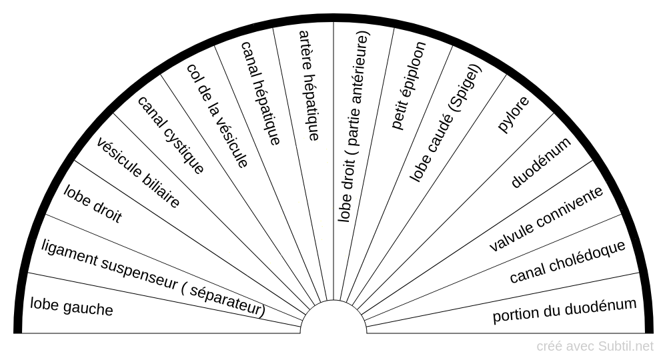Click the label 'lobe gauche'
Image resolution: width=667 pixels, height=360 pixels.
coord(71,307)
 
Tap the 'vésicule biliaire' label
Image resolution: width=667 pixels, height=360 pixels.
coord(138,173)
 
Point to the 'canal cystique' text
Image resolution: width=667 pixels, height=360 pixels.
coord(170,135)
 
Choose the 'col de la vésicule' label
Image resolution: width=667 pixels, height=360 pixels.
coord(217,115)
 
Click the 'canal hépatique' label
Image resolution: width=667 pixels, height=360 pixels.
coord(260,93)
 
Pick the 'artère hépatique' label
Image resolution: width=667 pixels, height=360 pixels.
coord(309,85)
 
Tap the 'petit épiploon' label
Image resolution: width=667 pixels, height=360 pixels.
coord(409,85)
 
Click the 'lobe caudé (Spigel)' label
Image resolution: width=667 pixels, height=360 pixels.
coord(445,124)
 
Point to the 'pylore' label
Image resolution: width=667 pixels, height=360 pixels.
coord(514,115)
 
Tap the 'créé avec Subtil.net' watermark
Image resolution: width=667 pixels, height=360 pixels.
coord(595,346)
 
